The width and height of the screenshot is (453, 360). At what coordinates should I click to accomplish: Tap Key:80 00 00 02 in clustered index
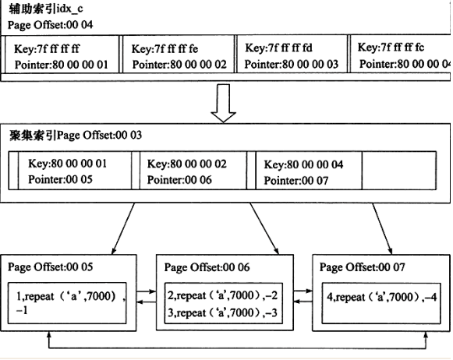[186, 164]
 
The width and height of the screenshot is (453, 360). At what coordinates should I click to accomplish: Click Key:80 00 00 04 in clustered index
[303, 164]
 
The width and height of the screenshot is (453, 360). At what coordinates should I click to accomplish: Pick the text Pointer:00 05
[60, 179]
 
